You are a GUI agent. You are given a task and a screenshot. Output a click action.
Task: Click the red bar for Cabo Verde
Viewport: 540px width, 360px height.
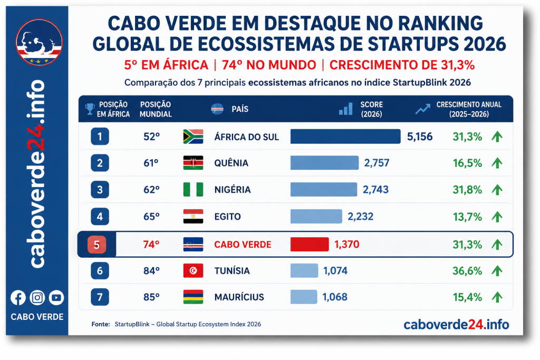pyautogui.click(x=310, y=245)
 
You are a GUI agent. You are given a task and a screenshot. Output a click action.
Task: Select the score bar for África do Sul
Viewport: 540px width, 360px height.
pyautogui.click(x=345, y=137)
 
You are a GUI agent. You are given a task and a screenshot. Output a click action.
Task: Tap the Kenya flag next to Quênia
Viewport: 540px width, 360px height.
pyautogui.click(x=193, y=163)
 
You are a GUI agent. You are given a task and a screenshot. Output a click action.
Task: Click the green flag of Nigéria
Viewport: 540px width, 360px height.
pyautogui.click(x=193, y=190)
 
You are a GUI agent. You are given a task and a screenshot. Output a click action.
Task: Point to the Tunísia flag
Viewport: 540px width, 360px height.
pyautogui.click(x=193, y=271)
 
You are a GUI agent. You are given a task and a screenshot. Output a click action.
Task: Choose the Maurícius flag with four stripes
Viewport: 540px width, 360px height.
pyautogui.click(x=193, y=297)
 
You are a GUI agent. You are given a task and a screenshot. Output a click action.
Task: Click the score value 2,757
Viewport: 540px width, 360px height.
pyautogui.click(x=377, y=163)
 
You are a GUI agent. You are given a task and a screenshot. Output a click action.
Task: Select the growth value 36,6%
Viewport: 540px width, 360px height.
pyautogui.click(x=467, y=271)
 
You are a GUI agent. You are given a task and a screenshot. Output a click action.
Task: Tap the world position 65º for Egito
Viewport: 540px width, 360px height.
pyautogui.click(x=151, y=217)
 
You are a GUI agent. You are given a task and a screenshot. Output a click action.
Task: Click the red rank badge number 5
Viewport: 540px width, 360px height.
pyautogui.click(x=97, y=245)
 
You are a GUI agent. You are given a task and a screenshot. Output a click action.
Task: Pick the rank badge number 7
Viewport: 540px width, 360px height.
pyautogui.click(x=100, y=297)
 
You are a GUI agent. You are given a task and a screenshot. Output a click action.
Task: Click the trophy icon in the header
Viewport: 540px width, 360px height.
pyautogui.click(x=90, y=109)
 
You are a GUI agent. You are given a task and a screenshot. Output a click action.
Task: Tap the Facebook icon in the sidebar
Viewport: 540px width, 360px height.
pyautogui.click(x=18, y=298)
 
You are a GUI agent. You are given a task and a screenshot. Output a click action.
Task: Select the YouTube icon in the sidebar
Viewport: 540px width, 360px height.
pyautogui.click(x=56, y=298)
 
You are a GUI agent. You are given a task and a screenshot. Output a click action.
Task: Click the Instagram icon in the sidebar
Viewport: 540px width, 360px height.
pyautogui.click(x=37, y=298)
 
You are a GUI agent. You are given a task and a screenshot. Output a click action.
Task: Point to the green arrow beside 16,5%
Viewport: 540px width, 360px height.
pyautogui.click(x=497, y=163)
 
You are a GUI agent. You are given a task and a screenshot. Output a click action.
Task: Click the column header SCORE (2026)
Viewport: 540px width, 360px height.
pyautogui.click(x=372, y=109)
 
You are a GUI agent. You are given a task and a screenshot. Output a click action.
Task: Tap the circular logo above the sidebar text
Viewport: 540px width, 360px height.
pyautogui.click(x=39, y=42)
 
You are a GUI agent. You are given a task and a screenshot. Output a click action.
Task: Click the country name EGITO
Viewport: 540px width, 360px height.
pyautogui.click(x=228, y=217)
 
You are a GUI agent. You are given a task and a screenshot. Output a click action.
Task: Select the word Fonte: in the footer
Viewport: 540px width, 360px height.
pyautogui.click(x=101, y=324)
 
